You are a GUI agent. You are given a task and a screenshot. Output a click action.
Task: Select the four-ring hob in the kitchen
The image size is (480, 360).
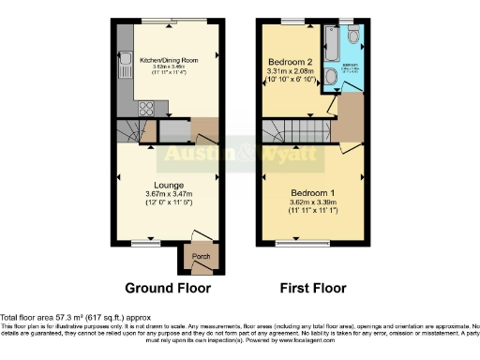[145, 107]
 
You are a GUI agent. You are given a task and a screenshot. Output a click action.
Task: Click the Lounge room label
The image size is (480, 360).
[170, 185]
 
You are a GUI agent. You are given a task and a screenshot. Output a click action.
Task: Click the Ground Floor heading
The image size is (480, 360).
[168, 288]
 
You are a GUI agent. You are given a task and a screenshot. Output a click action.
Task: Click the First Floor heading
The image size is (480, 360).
[312, 288]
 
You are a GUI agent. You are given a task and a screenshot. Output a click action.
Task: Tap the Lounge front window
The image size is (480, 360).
[144, 246]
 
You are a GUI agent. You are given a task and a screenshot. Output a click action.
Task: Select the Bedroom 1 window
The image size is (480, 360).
[314, 246]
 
